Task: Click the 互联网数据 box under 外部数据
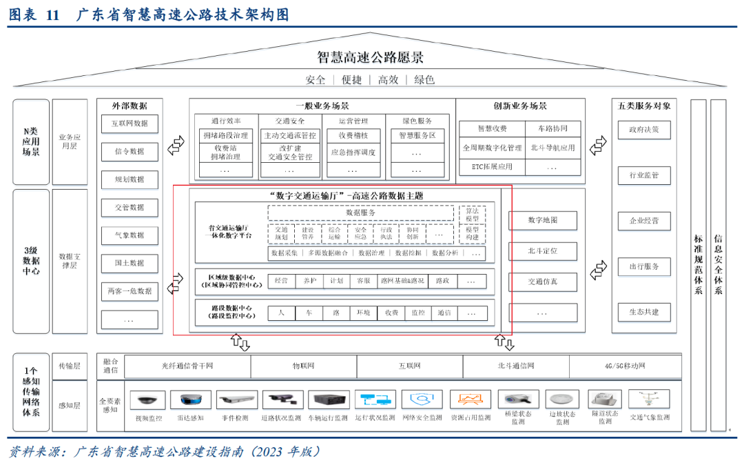pyautogui.click(x=129, y=124)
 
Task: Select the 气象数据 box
pyautogui.click(x=129, y=235)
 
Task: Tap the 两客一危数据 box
pyautogui.click(x=129, y=291)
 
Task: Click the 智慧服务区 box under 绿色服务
pyautogui.click(x=417, y=136)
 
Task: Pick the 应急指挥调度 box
pyautogui.click(x=353, y=152)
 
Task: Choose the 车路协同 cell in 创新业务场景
pyautogui.click(x=552, y=129)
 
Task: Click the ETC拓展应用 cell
pyautogui.click(x=492, y=166)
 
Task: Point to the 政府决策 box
pyautogui.click(x=643, y=130)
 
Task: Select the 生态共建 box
pyautogui.click(x=643, y=312)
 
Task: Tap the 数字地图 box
pyautogui.click(x=542, y=221)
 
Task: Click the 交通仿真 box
pyautogui.click(x=542, y=282)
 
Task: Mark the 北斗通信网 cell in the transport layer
pyautogui.click(x=515, y=366)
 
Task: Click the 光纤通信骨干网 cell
pyautogui.click(x=187, y=366)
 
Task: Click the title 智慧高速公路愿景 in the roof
pyautogui.click(x=371, y=57)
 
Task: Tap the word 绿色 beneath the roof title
pyautogui.click(x=424, y=80)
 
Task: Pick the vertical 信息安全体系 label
pyautogui.click(x=718, y=264)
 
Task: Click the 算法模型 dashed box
pyautogui.click(x=472, y=213)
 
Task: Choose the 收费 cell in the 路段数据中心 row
pyautogui.click(x=391, y=313)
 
